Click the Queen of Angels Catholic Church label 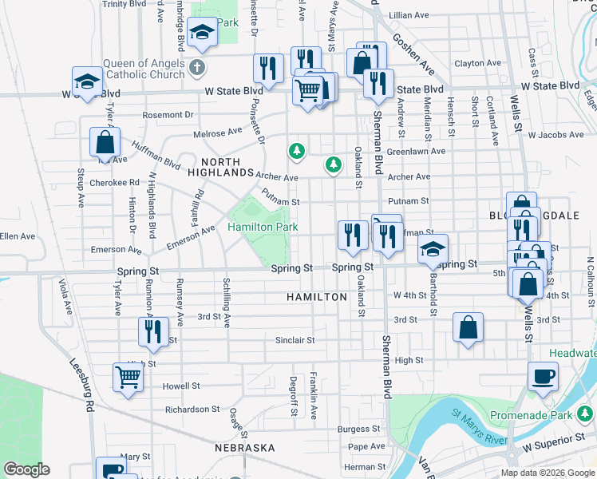point(148,70)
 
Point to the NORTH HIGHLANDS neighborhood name point(220,166)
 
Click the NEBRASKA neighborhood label point(245,448)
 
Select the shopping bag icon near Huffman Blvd point(105,143)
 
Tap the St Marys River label point(479,427)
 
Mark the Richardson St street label point(192,410)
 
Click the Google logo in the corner point(26,469)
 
